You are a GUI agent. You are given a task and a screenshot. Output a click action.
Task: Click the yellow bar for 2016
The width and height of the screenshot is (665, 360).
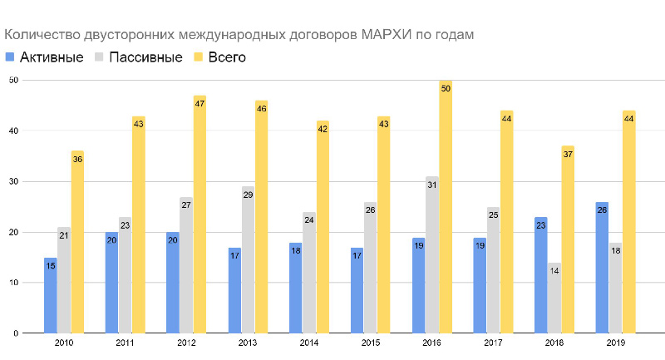[x=446, y=208]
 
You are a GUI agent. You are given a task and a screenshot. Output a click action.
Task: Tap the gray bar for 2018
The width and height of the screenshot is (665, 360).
[x=554, y=298]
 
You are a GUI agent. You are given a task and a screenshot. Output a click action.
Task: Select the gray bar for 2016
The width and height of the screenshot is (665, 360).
[x=432, y=254]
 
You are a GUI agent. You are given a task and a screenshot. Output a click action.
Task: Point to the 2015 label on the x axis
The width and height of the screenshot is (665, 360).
[x=370, y=343]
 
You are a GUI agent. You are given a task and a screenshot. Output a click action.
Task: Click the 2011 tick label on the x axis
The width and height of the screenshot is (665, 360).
[x=125, y=343]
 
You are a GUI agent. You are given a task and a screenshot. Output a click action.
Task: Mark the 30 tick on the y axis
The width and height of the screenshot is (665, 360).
[x=14, y=181]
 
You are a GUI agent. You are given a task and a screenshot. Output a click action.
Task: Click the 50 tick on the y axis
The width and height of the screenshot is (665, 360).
[x=14, y=80]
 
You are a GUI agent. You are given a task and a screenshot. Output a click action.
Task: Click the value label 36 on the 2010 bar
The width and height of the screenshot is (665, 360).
[x=77, y=159]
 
